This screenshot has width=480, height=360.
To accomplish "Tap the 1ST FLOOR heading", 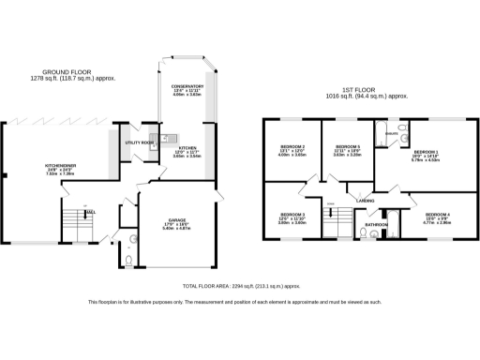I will pyautogui.click(x=367, y=92).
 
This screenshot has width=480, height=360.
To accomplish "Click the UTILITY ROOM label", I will pyautogui.click(x=140, y=142).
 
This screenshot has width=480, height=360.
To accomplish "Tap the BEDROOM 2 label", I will pyautogui.click(x=292, y=147).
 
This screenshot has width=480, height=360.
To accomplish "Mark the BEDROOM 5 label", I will pyautogui.click(x=348, y=147).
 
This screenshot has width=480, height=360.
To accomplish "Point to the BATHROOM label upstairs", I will pyautogui.click(x=376, y=225).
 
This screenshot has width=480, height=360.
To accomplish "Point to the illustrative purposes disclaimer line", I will pyautogui.click(x=234, y=302).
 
